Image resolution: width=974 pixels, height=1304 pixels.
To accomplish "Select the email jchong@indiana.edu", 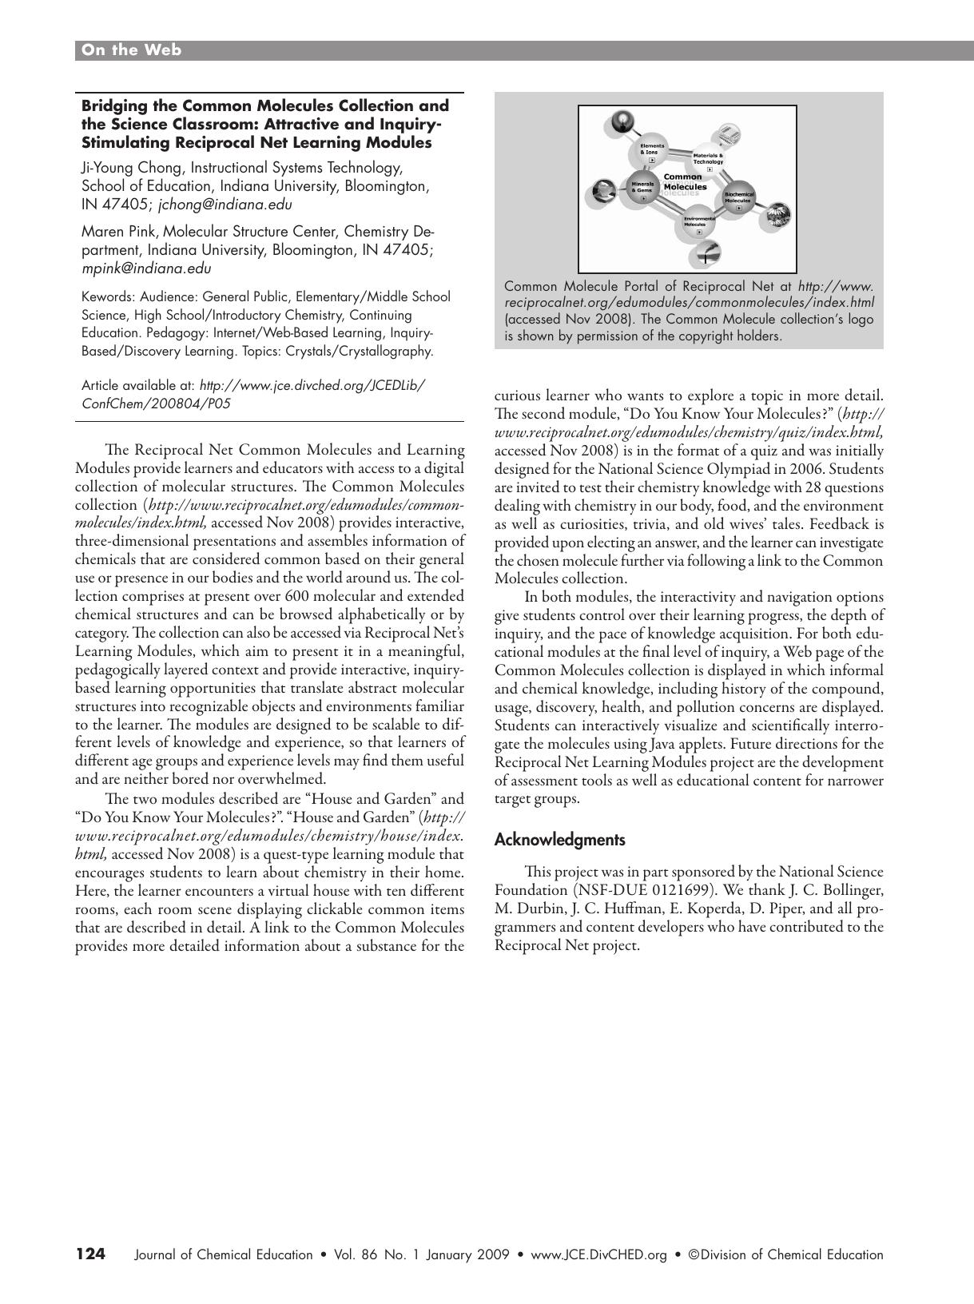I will pos(225,205).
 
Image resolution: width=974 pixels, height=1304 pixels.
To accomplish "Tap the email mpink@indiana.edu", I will pos(146,268).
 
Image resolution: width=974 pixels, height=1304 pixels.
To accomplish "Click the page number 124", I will pos(90,1254).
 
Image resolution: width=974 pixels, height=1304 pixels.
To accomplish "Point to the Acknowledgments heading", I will pos(559,840).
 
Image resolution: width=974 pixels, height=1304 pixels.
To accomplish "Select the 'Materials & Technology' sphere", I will pos(708,159).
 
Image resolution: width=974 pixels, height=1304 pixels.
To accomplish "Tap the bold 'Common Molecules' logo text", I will pos(685,182).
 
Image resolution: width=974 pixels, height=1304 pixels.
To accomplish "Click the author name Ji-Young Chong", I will pos(132,168).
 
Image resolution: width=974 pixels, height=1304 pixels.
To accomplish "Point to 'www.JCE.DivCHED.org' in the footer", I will pos(598,1254).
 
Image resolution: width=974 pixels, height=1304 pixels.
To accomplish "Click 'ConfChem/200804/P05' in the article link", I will pos(156,404).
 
